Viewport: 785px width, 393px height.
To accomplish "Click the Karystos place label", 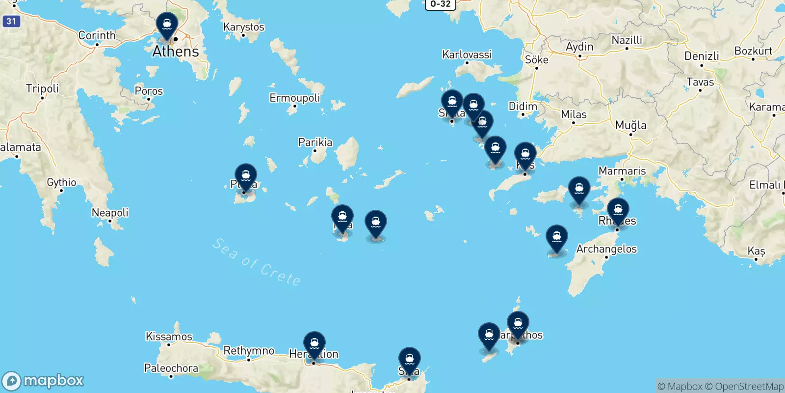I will coord(243,27).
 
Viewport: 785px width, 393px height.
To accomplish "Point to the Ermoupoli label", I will coord(294,98).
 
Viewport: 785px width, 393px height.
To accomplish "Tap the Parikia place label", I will coord(315,142).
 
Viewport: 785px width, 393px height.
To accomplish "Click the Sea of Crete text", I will coord(256,262).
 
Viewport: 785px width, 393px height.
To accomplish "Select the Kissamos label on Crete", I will coord(169,337).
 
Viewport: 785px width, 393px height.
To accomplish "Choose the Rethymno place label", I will coord(249,351).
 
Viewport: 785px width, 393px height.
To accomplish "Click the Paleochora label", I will coord(171,368).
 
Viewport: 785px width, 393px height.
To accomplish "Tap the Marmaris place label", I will coord(622,171).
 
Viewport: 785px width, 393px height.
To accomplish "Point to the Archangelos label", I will coord(606,249).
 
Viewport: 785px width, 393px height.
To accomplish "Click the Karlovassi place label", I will coord(467,55).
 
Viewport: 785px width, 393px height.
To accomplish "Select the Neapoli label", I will coord(110,213).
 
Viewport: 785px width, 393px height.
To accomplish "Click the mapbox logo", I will coord(43,381).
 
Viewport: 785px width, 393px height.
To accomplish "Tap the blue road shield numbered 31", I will coord(11,21).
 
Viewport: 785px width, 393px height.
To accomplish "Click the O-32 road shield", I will coord(440,4).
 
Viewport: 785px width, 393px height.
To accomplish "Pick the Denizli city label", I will coord(702,56).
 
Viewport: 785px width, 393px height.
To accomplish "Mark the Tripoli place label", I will coord(42,88).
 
